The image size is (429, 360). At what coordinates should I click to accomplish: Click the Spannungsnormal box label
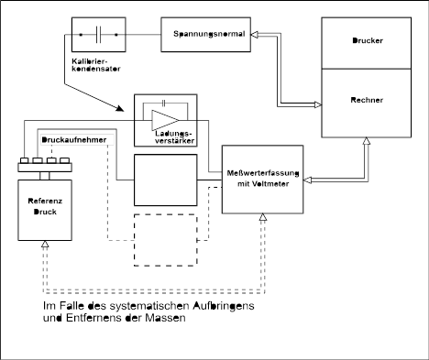tap(209, 34)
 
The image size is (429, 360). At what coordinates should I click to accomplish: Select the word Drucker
tap(368, 40)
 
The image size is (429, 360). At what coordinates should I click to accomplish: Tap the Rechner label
tap(367, 100)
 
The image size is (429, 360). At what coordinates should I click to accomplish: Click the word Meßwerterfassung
tap(263, 173)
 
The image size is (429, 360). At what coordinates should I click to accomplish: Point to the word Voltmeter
tap(269, 184)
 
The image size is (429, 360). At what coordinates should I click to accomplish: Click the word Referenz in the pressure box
tap(45, 201)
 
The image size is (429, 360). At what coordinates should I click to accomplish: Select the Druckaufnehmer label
tap(74, 140)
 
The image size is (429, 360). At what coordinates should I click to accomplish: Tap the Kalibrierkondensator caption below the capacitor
tap(96, 65)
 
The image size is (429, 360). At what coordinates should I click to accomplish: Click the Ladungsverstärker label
tap(174, 137)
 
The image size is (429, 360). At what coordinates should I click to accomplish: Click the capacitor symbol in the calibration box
tap(98, 35)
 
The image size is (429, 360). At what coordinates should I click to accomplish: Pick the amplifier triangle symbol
tap(165, 120)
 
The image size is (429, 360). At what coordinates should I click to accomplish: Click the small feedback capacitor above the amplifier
tap(164, 104)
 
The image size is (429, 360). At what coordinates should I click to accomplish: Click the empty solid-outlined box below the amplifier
tap(166, 180)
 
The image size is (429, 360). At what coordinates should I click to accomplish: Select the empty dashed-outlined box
tap(166, 240)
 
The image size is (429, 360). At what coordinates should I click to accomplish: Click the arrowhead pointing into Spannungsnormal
tap(255, 35)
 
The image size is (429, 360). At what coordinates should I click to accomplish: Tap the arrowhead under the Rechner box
tap(367, 141)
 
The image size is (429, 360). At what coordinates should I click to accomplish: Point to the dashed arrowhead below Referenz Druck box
tap(45, 244)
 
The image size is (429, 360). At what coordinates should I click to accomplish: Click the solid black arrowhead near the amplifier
tap(120, 108)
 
